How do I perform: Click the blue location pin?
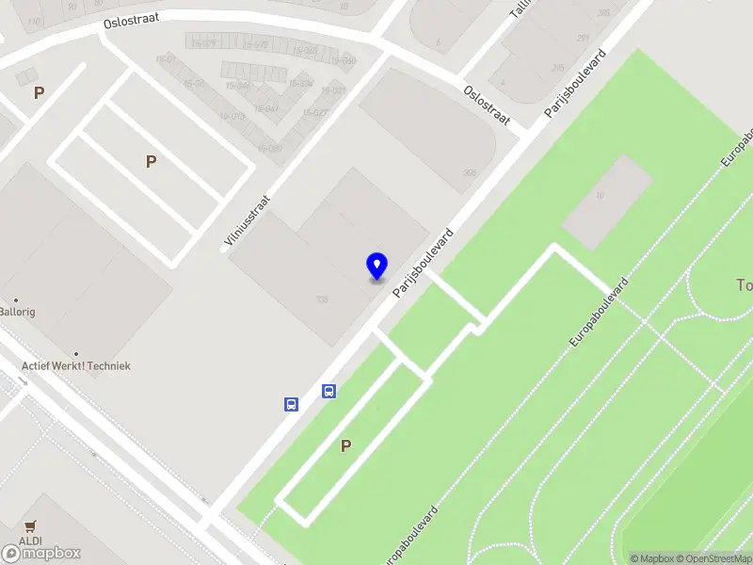click(x=377, y=266)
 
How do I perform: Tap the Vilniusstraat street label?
click(x=247, y=218)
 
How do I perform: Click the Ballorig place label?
click(x=17, y=312)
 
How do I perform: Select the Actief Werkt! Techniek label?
click(x=77, y=365)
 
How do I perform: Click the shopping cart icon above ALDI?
click(x=31, y=526)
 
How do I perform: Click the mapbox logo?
click(x=41, y=553)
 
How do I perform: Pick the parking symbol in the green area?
click(x=346, y=446)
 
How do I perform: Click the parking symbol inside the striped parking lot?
click(x=151, y=162)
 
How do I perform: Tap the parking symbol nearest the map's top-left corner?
click(x=39, y=92)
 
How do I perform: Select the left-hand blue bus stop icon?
click(x=291, y=404)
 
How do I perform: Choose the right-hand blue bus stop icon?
click(x=328, y=391)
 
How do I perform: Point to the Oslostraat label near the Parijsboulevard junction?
click(x=487, y=105)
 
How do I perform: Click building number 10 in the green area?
click(x=600, y=195)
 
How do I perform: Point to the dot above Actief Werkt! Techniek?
click(x=76, y=354)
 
